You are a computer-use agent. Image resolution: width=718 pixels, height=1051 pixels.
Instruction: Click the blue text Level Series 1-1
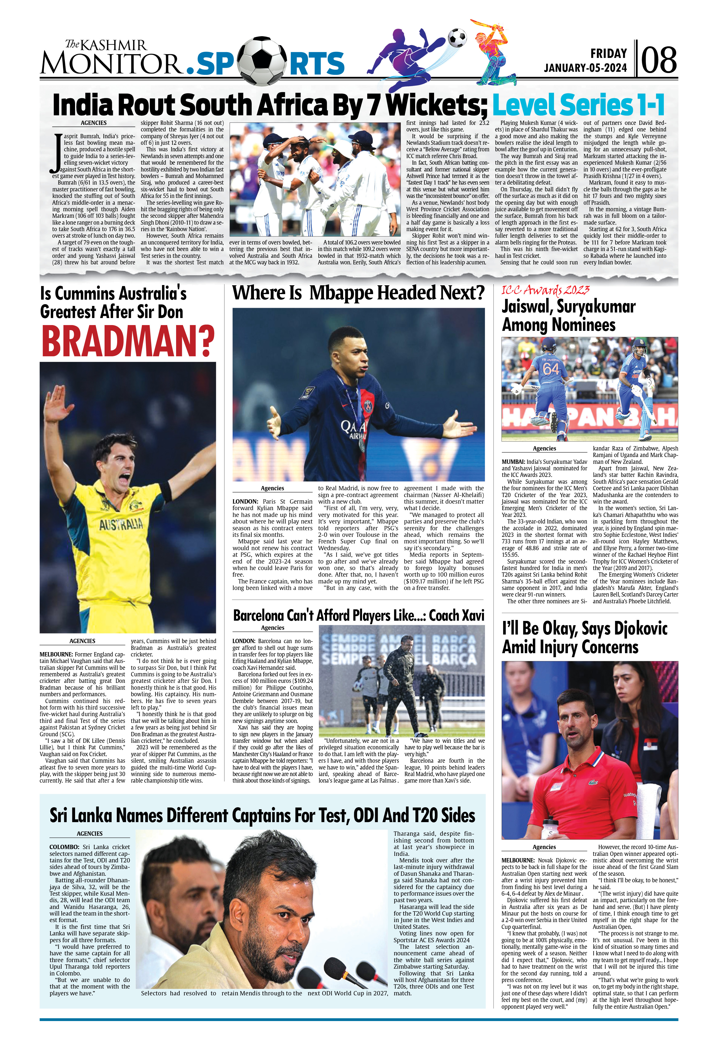coord(578,105)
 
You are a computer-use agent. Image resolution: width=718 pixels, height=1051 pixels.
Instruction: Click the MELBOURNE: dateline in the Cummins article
coord(56,654)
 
